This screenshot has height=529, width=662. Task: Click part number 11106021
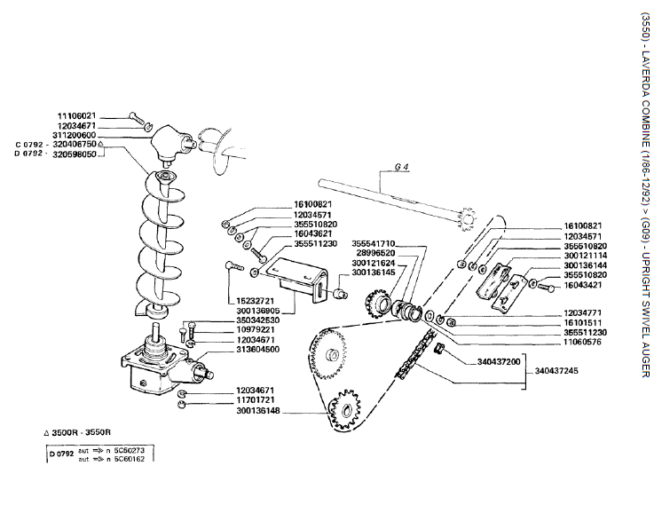pyautogui.click(x=76, y=116)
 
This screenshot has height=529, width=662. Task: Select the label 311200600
pyautogui.click(x=76, y=135)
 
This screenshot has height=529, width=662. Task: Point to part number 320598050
pyautogui.click(x=76, y=153)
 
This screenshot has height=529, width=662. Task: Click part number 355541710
pyautogui.click(x=374, y=243)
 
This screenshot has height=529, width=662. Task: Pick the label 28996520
pyautogui.click(x=376, y=253)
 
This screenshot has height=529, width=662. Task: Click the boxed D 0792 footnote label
pyautogui.click(x=61, y=454)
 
